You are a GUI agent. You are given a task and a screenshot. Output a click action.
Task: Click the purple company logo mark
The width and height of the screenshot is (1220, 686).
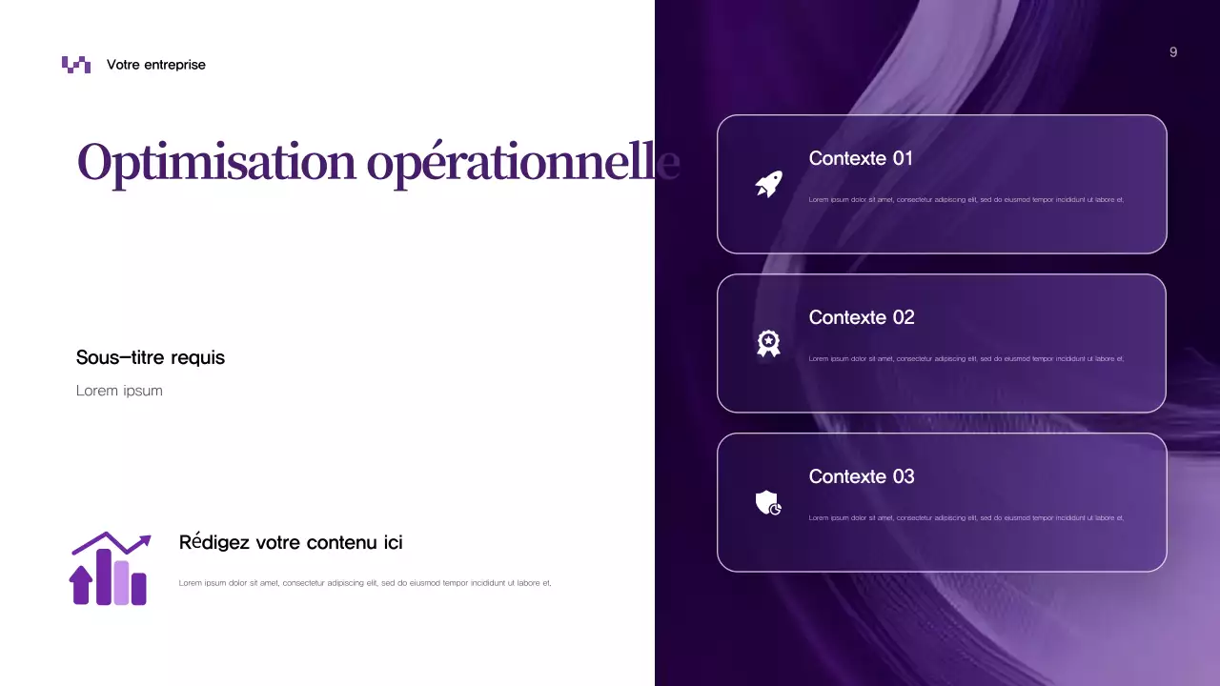[76, 65]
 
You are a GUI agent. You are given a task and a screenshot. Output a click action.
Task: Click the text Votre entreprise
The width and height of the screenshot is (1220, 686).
[156, 65]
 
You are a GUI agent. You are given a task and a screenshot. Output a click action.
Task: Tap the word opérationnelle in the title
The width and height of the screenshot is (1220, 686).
[522, 162]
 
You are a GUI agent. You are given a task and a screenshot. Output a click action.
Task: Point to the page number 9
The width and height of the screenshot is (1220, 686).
[1173, 52]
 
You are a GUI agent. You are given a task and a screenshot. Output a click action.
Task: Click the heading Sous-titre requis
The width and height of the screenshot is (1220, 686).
[151, 357]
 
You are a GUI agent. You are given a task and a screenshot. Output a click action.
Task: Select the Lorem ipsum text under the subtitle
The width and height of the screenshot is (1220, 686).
[119, 391]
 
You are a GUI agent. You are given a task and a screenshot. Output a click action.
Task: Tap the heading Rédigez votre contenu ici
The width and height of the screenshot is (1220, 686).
[291, 543]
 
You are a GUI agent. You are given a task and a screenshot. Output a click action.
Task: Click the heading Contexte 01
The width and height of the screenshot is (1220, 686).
[861, 158]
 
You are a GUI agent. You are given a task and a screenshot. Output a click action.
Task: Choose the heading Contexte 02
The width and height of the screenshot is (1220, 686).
[862, 317]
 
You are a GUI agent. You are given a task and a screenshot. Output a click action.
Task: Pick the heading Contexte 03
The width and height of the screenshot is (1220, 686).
[862, 476]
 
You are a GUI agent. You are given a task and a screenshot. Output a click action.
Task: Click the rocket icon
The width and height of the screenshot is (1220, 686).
[768, 184]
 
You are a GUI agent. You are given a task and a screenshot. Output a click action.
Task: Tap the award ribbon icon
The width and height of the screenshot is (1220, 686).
[768, 343]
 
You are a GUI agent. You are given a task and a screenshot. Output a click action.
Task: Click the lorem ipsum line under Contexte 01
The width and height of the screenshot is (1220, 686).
[966, 200]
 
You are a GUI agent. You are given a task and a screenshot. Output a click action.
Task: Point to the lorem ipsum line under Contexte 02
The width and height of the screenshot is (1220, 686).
[966, 359]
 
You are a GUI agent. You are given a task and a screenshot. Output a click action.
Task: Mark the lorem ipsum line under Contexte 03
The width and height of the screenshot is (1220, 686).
[966, 518]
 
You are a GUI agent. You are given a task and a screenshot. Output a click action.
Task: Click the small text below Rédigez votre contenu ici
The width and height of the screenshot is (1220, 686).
[365, 583]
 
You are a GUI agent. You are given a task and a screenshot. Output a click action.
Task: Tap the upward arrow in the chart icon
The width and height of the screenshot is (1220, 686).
[81, 584]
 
